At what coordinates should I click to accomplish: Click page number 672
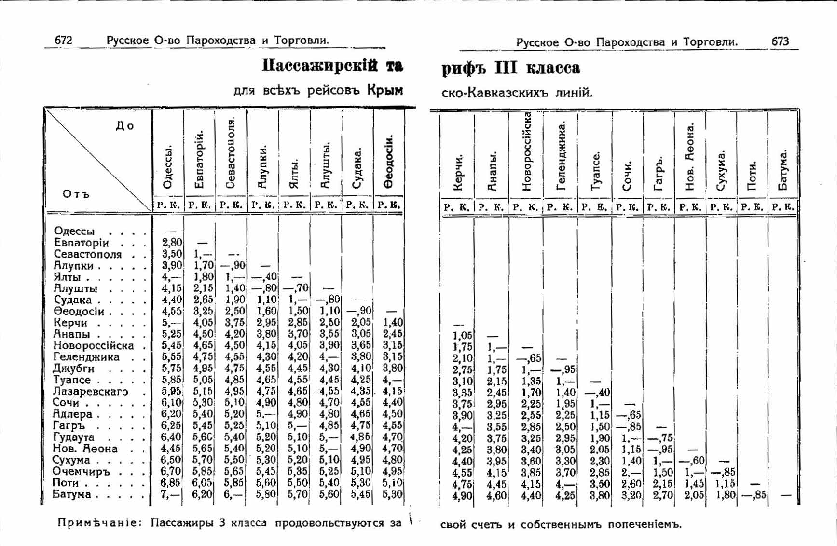pyautogui.click(x=63, y=40)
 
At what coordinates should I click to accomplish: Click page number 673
pyautogui.click(x=780, y=41)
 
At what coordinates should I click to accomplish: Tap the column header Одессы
pyautogui.click(x=167, y=167)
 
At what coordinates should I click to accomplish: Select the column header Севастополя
pyautogui.click(x=231, y=152)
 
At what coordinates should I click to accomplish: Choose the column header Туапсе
pyautogui.click(x=596, y=171)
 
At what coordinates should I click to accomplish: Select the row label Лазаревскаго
pyautogui.click(x=90, y=391)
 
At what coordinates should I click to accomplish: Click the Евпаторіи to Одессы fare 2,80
pyautogui.click(x=172, y=243)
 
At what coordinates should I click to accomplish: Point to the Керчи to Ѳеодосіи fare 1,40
pyautogui.click(x=392, y=322)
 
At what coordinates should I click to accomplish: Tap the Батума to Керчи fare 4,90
pyautogui.click(x=462, y=496)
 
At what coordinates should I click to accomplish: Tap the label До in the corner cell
pyautogui.click(x=124, y=126)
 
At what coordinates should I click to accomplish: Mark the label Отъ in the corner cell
pyautogui.click(x=76, y=194)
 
